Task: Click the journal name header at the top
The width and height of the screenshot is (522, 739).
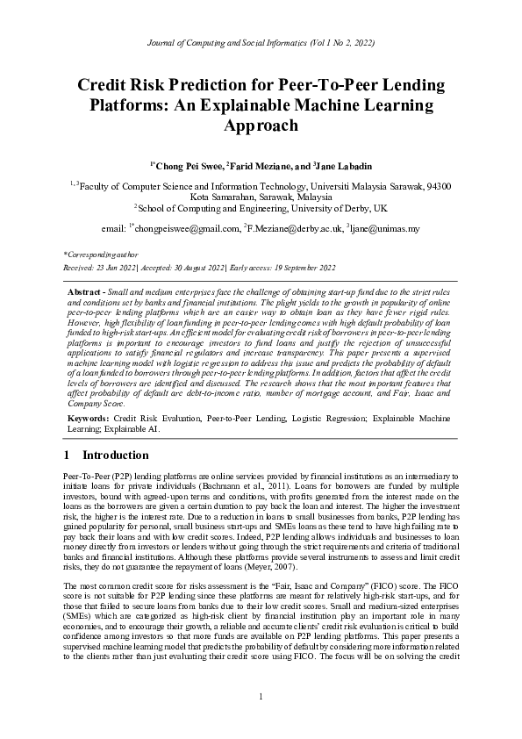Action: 261,42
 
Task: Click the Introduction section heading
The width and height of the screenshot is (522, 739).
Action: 115,456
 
